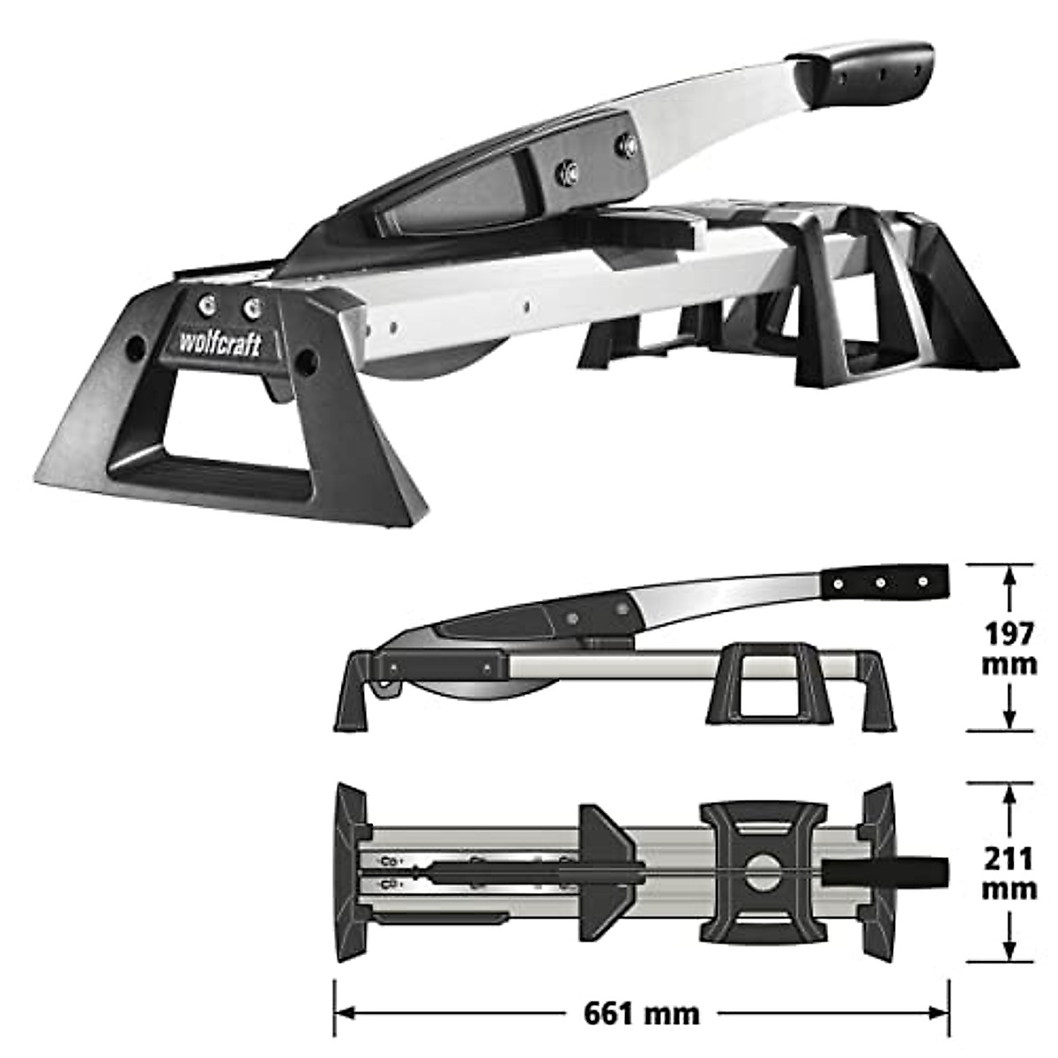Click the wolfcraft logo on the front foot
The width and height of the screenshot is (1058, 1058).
(220, 343)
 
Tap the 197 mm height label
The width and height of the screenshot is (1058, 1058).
(1009, 647)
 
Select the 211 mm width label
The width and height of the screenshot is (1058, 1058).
(1009, 873)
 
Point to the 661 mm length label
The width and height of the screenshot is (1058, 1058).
(642, 1013)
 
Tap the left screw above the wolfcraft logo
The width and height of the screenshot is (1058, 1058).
(206, 304)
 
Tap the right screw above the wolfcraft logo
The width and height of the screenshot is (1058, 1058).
(253, 308)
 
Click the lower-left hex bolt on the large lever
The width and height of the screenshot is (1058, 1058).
(567, 168)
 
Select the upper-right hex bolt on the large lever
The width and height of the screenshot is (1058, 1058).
(628, 144)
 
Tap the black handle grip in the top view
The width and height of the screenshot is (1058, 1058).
(886, 872)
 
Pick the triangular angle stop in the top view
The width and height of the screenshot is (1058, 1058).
(607, 872)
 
